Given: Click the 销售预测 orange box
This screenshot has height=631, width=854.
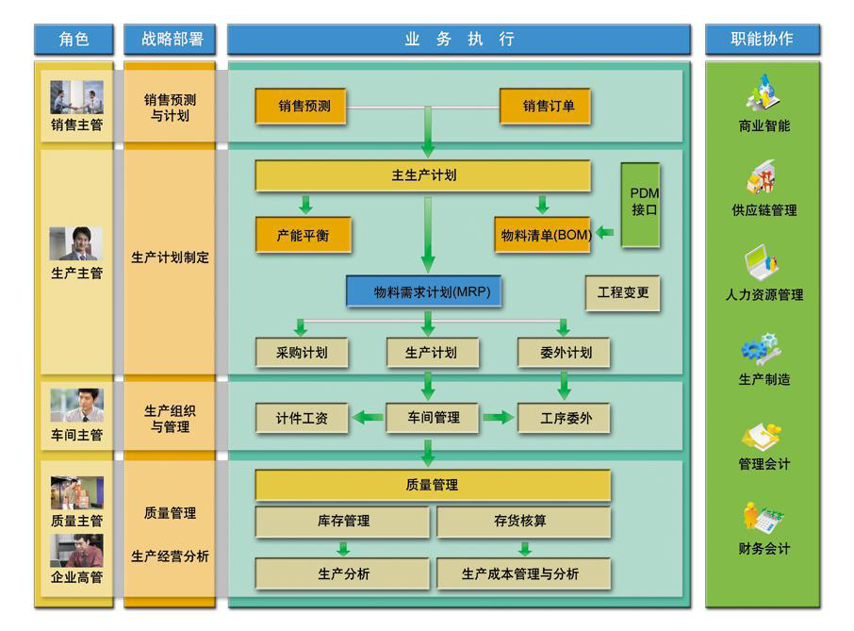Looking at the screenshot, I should [x=304, y=107].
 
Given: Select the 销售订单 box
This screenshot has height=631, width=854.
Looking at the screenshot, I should [x=548, y=107].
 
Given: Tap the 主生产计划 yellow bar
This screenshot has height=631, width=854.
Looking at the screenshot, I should [x=423, y=175].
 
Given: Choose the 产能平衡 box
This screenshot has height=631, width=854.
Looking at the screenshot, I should [x=303, y=235].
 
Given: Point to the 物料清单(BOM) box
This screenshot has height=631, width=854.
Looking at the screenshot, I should [x=545, y=235].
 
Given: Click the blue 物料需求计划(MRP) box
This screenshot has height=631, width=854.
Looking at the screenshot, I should [x=424, y=291].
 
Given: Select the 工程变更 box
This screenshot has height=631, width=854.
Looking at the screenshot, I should [x=622, y=292].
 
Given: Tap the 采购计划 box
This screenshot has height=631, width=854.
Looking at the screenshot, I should [x=302, y=353].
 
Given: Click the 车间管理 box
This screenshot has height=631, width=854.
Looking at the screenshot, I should [x=433, y=418].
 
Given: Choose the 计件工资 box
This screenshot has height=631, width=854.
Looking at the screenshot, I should [x=302, y=418].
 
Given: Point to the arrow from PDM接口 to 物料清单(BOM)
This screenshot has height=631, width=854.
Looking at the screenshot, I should [x=605, y=232].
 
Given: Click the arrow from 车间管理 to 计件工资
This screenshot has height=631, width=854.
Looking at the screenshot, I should [x=367, y=417].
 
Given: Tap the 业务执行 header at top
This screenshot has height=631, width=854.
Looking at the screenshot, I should [x=459, y=40].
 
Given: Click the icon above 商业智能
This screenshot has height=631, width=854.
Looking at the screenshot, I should [x=763, y=92].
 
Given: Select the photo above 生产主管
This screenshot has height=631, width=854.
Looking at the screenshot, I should [x=76, y=243].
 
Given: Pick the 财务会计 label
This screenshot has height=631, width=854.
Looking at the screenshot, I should [x=764, y=549].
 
